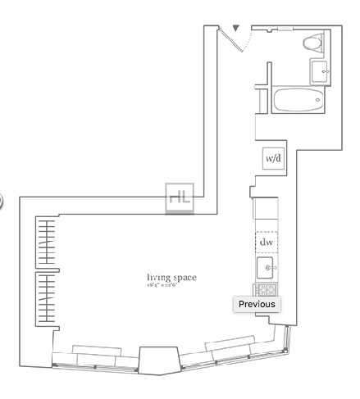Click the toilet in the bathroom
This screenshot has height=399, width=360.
pyautogui.click(x=312, y=43)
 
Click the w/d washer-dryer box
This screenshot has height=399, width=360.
pyautogui.click(x=272, y=158)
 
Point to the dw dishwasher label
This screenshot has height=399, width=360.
pyautogui.click(x=267, y=242)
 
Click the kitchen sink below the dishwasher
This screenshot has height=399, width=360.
pyautogui.click(x=267, y=268)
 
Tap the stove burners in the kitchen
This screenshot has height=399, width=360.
pyautogui.click(x=267, y=289)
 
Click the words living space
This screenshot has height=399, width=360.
pyautogui.click(x=171, y=277)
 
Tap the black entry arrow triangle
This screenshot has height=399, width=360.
pyautogui.click(x=236, y=28)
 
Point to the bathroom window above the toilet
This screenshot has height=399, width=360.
pyautogui.click(x=286, y=29)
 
